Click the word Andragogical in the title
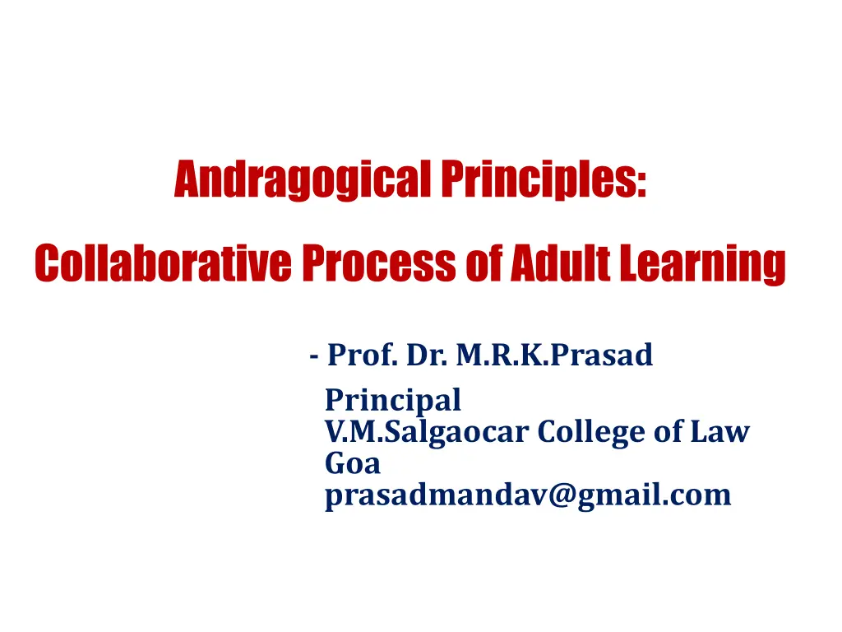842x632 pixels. [303, 179]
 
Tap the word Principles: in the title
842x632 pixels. [544, 179]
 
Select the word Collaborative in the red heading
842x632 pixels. [164, 263]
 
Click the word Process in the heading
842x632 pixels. [379, 263]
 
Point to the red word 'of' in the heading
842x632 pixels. [484, 263]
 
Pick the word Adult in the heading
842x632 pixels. [561, 263]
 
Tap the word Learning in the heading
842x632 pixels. [703, 264]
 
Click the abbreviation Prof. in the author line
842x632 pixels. [363, 355]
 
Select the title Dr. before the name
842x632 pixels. [427, 355]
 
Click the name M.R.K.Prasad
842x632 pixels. [555, 355]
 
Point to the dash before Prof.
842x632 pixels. [314, 356]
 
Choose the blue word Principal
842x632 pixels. [393, 401]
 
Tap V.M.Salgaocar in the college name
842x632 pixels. [427, 432]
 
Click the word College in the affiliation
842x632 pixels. [591, 432]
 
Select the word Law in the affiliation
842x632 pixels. [719, 431]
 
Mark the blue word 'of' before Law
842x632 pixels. [668, 431]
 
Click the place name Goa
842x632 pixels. [353, 463]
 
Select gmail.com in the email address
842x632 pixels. [654, 495]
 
